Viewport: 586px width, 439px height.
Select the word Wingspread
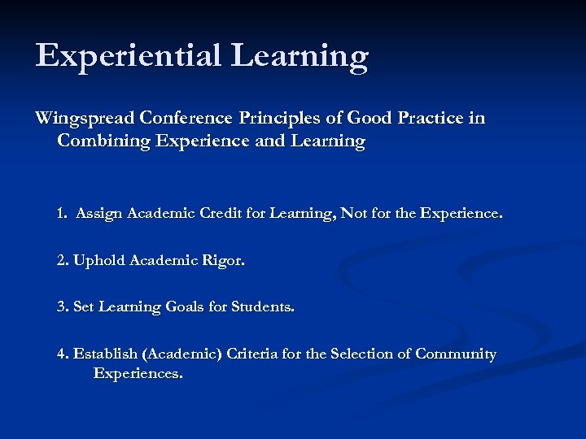coord(84,119)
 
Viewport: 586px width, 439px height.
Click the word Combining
coord(98,141)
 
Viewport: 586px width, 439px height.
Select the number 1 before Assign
coord(62,214)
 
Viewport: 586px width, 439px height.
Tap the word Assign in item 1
coord(98,214)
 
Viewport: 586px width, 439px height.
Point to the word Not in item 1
coord(353,214)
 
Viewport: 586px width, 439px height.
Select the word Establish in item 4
coord(105,354)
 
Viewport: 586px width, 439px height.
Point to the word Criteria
coord(253,354)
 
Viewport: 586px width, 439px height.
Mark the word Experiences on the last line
coord(138,375)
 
